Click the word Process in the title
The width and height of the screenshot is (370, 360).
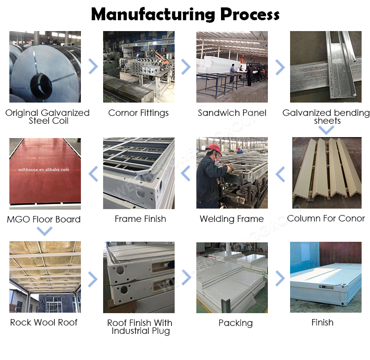[250, 15]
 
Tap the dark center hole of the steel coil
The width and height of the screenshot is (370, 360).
[41, 86]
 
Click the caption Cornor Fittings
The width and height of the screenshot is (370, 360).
[139, 113]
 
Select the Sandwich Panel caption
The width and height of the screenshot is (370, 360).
[232, 113]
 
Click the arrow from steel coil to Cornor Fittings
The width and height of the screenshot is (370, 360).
[93, 67]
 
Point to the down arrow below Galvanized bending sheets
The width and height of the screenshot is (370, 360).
[327, 130]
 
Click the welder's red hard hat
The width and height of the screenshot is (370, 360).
[214, 148]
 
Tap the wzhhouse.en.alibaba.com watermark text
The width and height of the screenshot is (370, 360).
[43, 170]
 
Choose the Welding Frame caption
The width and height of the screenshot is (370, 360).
[232, 219]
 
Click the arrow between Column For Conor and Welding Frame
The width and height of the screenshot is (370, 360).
[280, 174]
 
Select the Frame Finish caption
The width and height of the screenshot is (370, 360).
[141, 219]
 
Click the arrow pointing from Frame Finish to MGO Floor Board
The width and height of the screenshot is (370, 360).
[93, 174]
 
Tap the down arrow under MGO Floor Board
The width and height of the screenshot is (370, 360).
[44, 231]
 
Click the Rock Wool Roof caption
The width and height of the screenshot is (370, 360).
[44, 322]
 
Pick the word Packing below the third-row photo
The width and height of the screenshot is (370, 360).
[235, 323]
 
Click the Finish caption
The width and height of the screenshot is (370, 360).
[322, 322]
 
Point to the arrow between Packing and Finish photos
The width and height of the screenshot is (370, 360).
[280, 278]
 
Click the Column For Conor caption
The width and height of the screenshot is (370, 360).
[326, 218]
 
